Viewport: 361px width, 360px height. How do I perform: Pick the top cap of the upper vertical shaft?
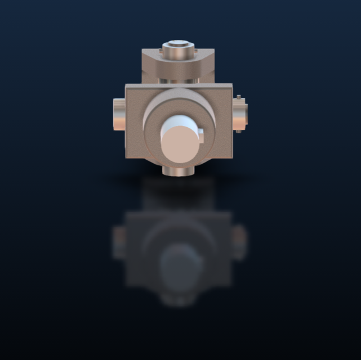point(177,47)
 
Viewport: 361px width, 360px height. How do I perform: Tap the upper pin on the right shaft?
point(239,98)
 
